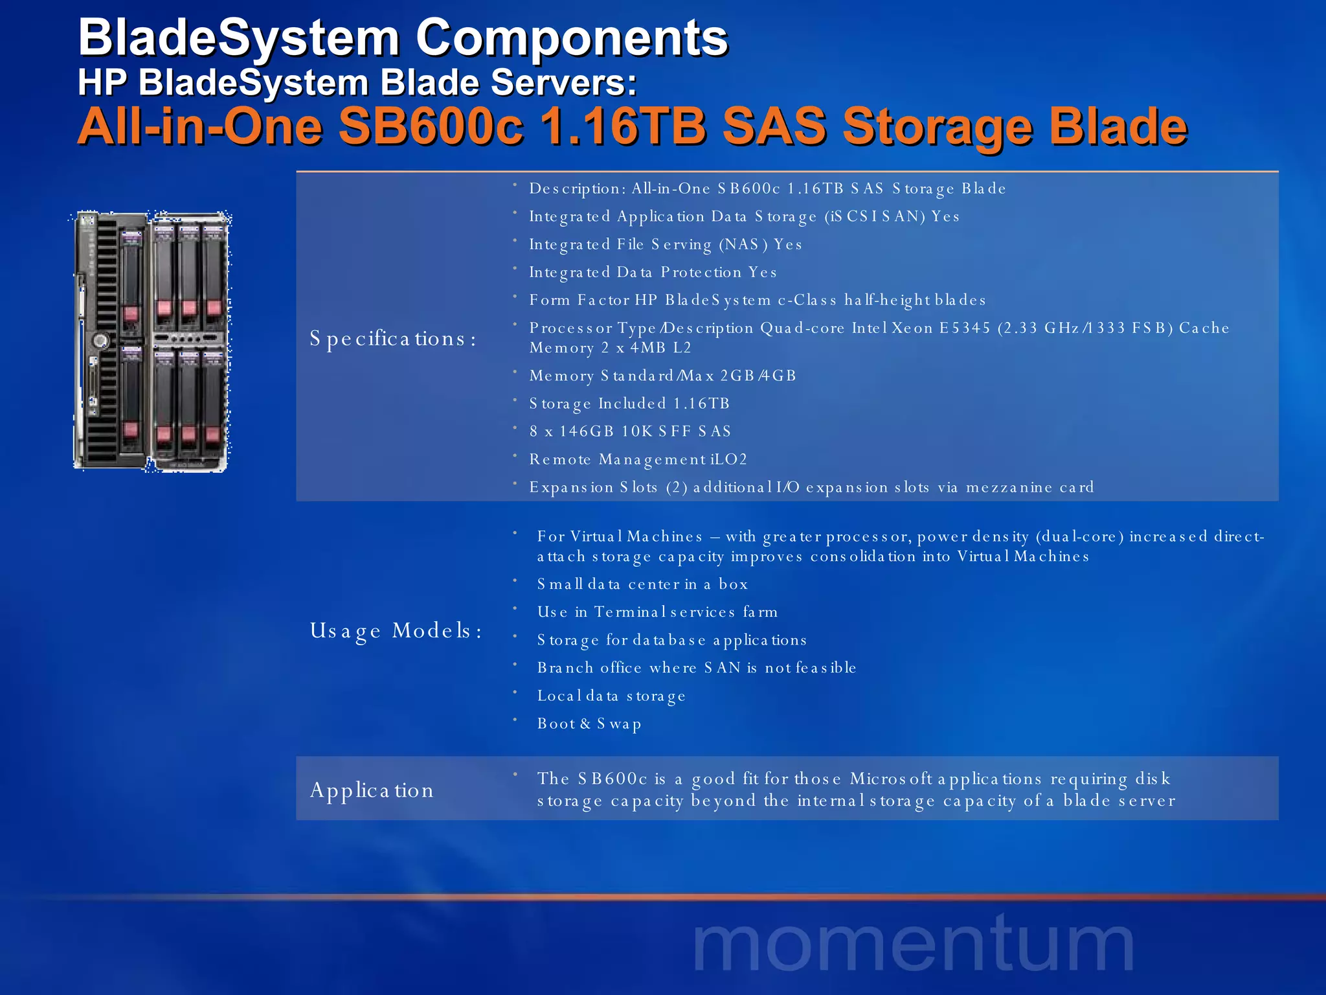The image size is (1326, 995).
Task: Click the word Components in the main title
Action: point(572,39)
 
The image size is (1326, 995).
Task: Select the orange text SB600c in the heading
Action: point(431,126)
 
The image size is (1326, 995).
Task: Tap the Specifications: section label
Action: point(392,339)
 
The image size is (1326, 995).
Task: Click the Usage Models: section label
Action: point(396,630)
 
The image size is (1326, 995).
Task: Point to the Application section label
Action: point(372,790)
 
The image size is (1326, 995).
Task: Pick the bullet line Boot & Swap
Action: point(589,724)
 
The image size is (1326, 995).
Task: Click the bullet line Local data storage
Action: point(611,696)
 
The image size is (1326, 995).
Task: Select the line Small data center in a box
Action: point(642,584)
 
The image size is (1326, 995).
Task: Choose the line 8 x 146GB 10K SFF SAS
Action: point(630,432)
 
